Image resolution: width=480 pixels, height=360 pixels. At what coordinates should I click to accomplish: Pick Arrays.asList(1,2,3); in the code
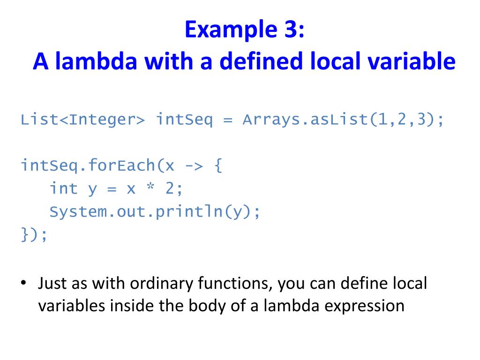[343, 120]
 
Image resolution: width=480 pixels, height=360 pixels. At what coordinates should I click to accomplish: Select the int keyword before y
[64, 188]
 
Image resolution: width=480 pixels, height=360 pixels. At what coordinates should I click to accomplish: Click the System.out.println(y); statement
[155, 212]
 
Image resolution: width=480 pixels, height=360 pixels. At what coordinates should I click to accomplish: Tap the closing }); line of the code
[34, 234]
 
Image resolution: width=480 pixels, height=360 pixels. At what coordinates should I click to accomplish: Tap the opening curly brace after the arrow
[217, 165]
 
